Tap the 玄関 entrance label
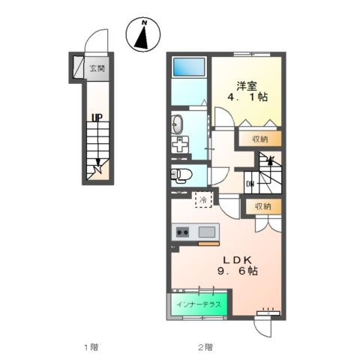[x=97, y=68]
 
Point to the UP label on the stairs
[x=97, y=118]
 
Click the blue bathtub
[x=189, y=67]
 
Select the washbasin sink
[x=177, y=124]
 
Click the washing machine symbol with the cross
[x=180, y=145]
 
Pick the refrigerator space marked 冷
[x=204, y=199]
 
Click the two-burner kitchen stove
[x=182, y=232]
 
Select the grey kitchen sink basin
[x=207, y=232]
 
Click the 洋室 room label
[x=247, y=86]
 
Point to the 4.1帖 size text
[x=247, y=97]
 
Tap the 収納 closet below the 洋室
[x=260, y=139]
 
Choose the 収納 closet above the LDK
[x=263, y=206]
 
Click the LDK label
[x=237, y=260]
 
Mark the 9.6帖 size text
[x=238, y=271]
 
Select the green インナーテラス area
[x=199, y=304]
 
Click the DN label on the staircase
[x=250, y=184]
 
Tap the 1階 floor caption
[x=91, y=347]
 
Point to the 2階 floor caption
[x=205, y=347]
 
